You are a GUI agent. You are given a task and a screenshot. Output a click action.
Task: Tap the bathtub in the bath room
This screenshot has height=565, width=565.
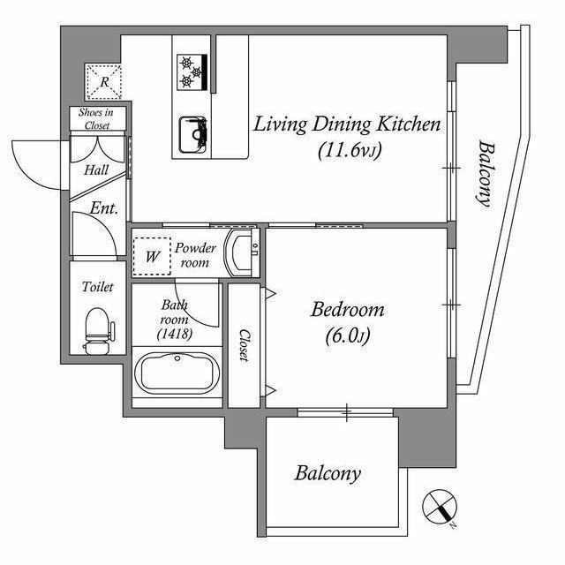pyautogui.click(x=177, y=373)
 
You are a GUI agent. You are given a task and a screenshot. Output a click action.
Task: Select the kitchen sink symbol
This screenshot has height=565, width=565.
pyautogui.click(x=193, y=135)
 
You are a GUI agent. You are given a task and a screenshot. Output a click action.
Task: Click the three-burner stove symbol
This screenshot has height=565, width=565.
pyautogui.click(x=192, y=72)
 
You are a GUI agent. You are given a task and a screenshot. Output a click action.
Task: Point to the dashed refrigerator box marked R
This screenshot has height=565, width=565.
pyautogui.click(x=104, y=82)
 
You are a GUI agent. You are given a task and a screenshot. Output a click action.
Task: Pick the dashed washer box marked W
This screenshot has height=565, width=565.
pyautogui.click(x=152, y=257)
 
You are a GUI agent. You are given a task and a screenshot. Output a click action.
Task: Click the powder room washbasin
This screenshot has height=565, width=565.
pyautogui.click(x=242, y=252)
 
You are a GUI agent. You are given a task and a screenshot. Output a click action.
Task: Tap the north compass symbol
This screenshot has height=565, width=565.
pyautogui.click(x=440, y=506)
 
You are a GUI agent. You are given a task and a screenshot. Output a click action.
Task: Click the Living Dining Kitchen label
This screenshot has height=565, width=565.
pyautogui.click(x=347, y=124)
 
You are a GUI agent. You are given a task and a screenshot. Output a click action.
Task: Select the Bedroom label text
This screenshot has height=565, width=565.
pyautogui.click(x=347, y=310)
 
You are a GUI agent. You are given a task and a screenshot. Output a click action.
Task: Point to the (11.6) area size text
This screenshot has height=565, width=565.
pyautogui.click(x=350, y=151)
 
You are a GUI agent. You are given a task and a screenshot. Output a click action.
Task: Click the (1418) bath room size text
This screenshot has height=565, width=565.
pyautogui.click(x=175, y=334)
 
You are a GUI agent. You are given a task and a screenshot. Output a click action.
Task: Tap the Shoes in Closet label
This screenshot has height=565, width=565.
pyautogui.click(x=96, y=118)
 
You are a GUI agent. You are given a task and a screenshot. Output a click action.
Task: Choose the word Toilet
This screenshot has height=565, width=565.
pyautogui.click(x=98, y=287)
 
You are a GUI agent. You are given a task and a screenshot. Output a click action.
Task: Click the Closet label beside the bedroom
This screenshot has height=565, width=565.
pyautogui.click(x=244, y=345)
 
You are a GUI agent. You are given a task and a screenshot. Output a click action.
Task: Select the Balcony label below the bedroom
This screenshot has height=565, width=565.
pyautogui.click(x=328, y=473)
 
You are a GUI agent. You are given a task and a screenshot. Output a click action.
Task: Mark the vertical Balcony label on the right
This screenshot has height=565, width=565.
pyautogui.click(x=486, y=174)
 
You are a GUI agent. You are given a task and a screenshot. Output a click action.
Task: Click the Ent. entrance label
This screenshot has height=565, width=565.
pyautogui.click(x=104, y=208)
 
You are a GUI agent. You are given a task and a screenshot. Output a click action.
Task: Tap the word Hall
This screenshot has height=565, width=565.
pyautogui.click(x=96, y=169)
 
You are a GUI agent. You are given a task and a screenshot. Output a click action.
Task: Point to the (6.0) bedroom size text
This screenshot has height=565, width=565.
pyautogui.click(x=348, y=336)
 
